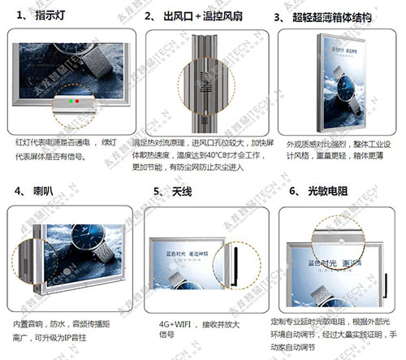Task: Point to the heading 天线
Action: pos(183,192)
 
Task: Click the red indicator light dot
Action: pos(70,103)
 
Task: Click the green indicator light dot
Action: pos(78,103)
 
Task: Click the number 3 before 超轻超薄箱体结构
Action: pos(279,16)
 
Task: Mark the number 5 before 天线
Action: pos(157,192)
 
